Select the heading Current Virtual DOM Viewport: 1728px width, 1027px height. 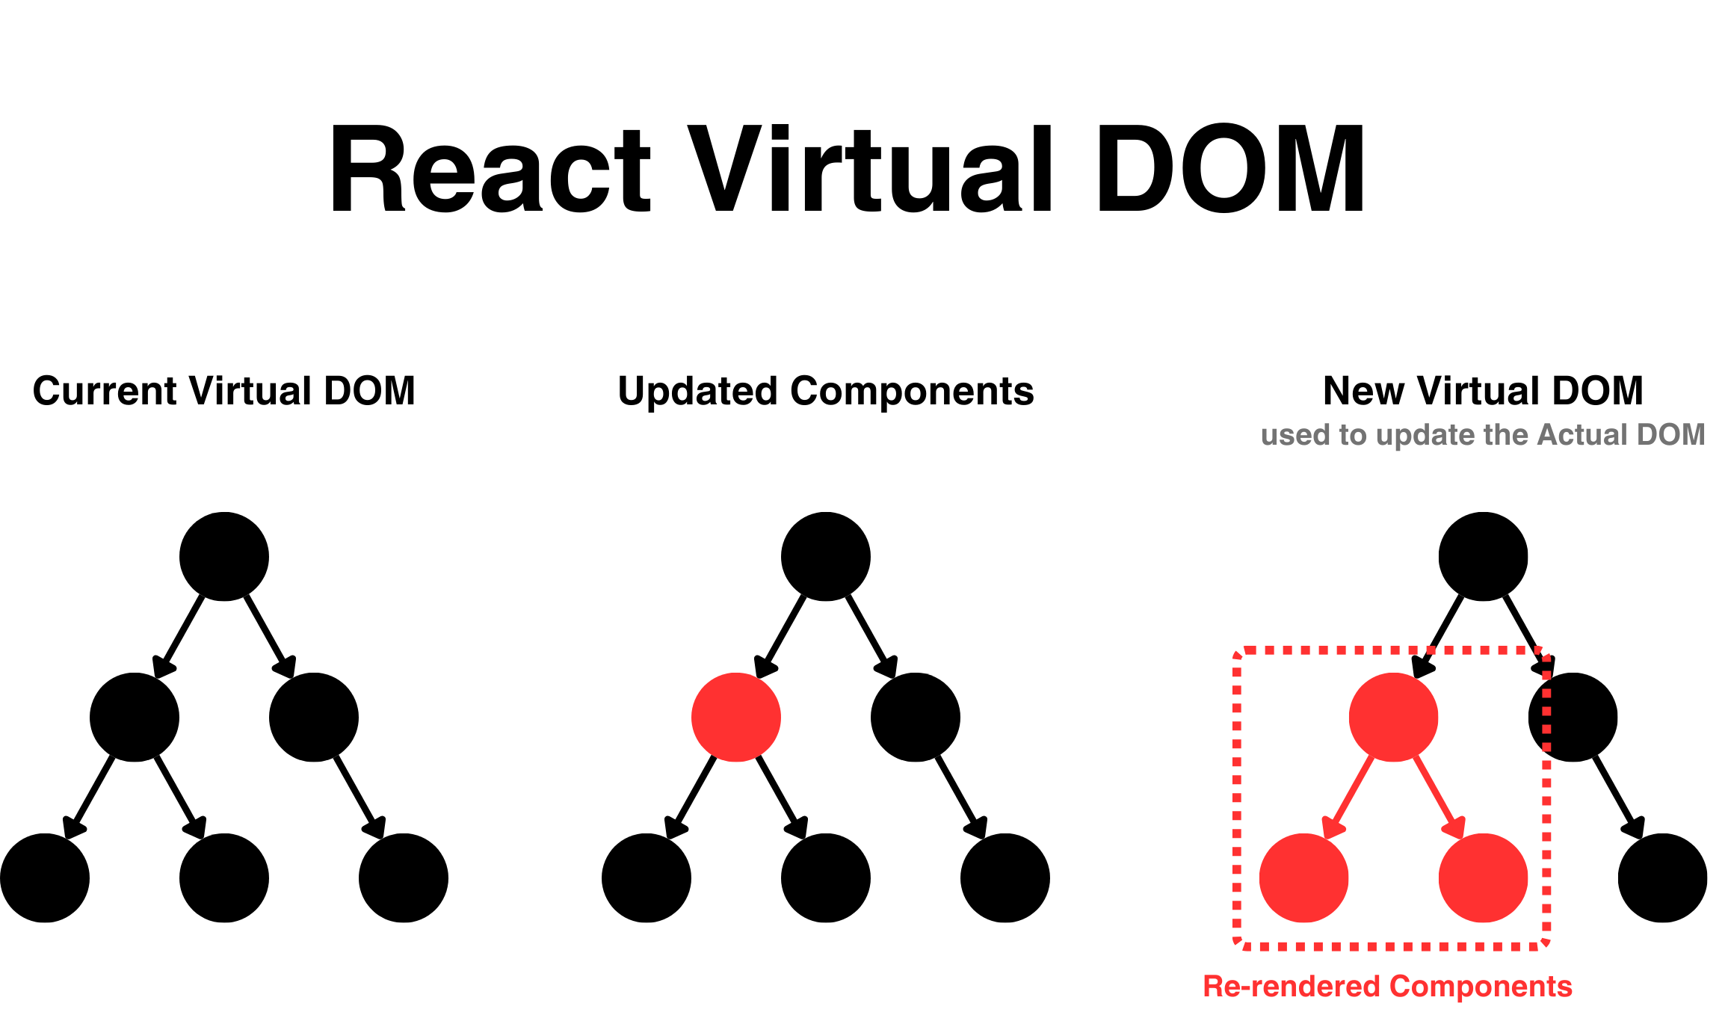point(223,391)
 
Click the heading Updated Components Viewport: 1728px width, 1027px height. point(825,391)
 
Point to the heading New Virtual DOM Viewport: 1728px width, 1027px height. point(1483,391)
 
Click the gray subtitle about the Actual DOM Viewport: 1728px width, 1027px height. point(1483,435)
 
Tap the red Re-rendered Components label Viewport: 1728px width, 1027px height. point(1387,987)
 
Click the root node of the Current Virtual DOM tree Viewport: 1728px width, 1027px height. point(224,556)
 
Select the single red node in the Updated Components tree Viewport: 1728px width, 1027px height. point(736,717)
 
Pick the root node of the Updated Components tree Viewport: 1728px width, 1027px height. point(826,556)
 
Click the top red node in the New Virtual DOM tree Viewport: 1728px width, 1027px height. point(1393,717)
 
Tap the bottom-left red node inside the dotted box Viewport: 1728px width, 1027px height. point(1304,878)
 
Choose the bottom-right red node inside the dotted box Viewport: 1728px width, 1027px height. point(1483,878)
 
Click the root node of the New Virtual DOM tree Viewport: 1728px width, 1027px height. point(1483,556)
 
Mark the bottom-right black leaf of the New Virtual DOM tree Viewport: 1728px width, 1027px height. point(1662,878)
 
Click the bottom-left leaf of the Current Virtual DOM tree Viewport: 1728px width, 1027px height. point(45,878)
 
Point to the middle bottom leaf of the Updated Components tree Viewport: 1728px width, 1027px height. point(826,878)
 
